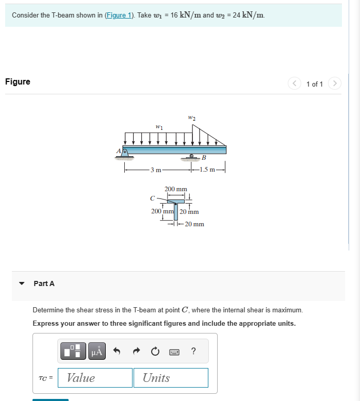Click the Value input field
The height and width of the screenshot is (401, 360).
(95, 378)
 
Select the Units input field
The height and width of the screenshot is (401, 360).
(171, 378)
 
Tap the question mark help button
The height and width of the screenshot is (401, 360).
(193, 352)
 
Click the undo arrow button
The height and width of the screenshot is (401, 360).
(117, 352)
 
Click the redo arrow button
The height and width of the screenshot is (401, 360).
(136, 352)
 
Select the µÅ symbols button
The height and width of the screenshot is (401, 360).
(97, 352)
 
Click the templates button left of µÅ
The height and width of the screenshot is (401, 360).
(73, 352)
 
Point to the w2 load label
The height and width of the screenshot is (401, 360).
(192, 118)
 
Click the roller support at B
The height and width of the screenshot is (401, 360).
(192, 157)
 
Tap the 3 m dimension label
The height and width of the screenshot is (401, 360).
(155, 170)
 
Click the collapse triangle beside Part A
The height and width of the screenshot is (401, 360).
(22, 283)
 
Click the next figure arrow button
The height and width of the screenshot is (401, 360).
(335, 83)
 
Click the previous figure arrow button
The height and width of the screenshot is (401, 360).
(294, 83)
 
